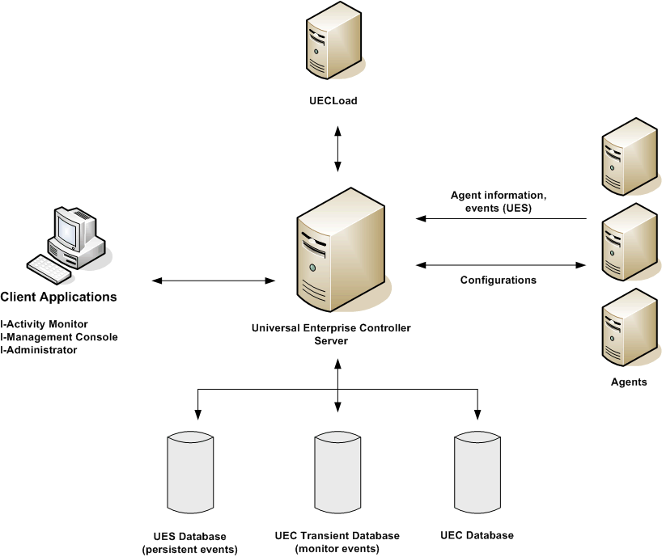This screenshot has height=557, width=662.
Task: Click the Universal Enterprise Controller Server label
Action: click(331, 334)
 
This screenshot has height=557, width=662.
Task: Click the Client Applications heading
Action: click(58, 297)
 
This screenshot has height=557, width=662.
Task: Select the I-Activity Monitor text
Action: click(45, 324)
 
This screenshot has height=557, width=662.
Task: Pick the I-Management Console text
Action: click(59, 337)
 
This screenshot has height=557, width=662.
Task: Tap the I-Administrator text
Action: click(39, 350)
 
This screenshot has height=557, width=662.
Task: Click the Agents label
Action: click(629, 382)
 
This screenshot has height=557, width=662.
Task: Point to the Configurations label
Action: click(499, 281)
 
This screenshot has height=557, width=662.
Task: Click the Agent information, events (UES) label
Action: click(499, 201)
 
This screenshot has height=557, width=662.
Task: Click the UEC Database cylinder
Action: click(477, 473)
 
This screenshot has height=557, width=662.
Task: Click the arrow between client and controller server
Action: click(214, 281)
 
